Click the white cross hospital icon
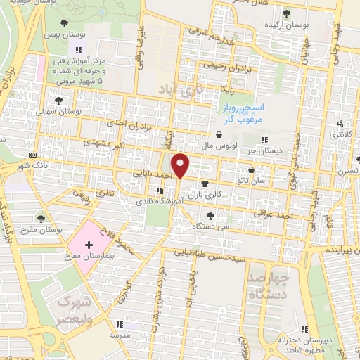pos(89,245)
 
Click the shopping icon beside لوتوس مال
pos(219,136)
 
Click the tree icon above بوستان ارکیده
pos(285,13)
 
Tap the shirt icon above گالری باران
pos(205,183)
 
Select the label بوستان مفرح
pos(39,229)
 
